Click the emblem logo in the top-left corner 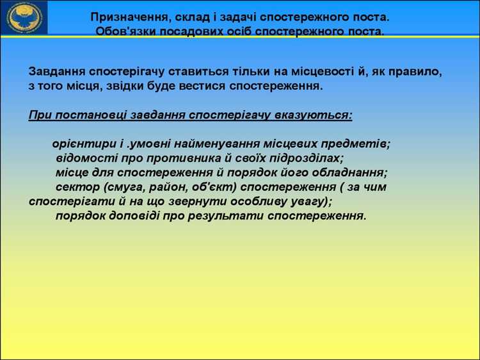[24, 18]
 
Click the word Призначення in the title [127, 16]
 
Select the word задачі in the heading [242, 16]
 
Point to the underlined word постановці [86, 115]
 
